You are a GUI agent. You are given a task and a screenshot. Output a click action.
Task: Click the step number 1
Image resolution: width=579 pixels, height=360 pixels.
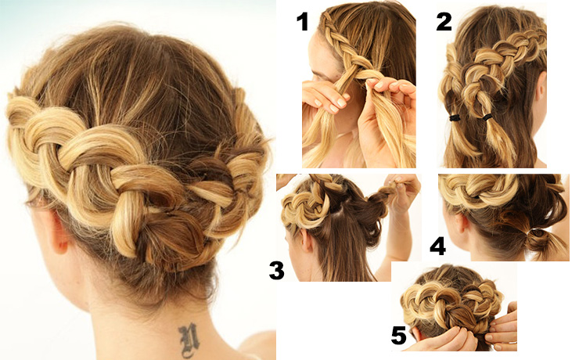tap(303, 21)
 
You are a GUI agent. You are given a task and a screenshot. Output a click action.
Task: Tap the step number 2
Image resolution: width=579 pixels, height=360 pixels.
tap(444, 21)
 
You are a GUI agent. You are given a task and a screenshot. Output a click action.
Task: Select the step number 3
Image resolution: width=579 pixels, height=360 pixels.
tap(277, 270)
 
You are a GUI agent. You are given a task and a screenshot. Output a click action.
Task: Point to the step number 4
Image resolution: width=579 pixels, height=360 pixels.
tap(438, 247)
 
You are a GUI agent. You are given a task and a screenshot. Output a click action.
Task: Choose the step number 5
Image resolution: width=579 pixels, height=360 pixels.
tap(399, 336)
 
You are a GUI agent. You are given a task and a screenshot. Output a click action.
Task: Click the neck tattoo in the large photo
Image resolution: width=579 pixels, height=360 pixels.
tap(189, 340)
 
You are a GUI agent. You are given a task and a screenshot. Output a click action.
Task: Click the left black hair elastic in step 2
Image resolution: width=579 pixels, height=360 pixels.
tap(455, 118)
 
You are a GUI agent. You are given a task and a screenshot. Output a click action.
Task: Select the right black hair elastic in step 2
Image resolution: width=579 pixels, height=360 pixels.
tap(487, 117)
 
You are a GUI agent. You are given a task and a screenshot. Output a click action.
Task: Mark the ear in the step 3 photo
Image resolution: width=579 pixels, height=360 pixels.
tap(306, 241)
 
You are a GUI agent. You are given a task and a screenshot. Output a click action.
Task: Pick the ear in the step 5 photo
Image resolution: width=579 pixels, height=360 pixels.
tap(418, 333)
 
